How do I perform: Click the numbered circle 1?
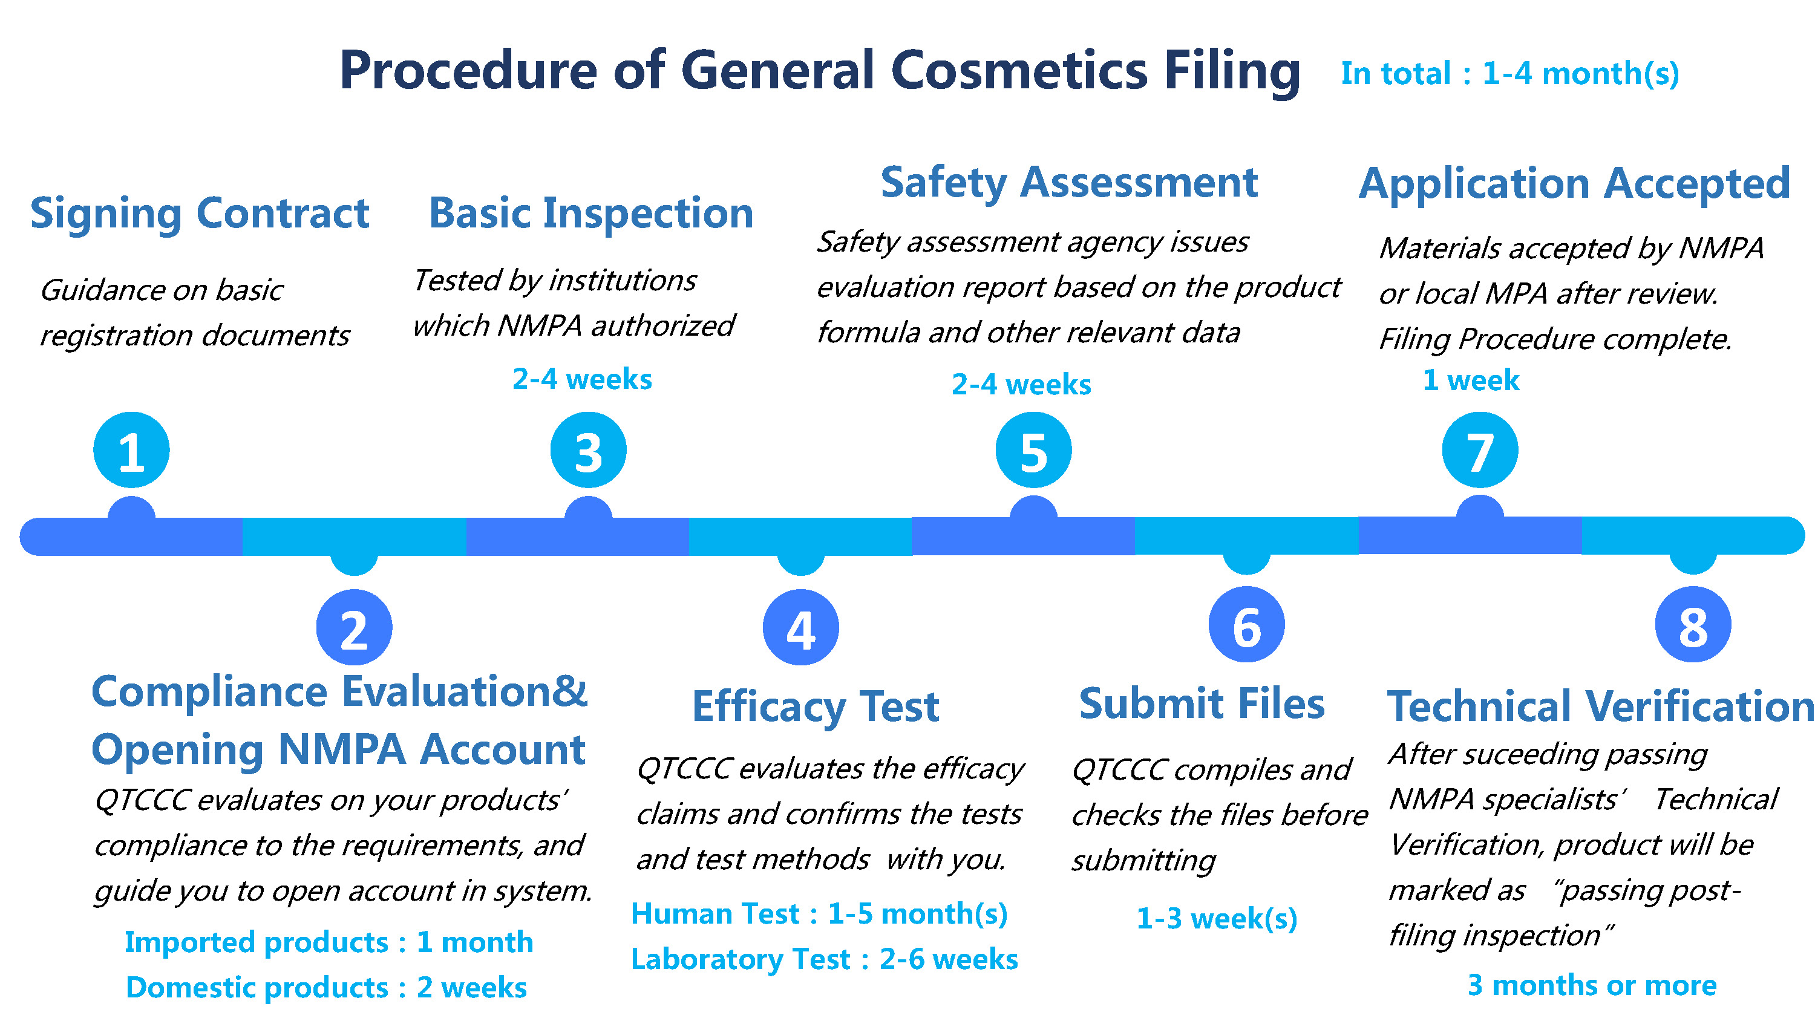(132, 450)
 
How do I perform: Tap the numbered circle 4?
(801, 627)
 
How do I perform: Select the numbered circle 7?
(1480, 450)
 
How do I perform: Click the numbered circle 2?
(355, 627)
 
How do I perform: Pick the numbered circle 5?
(1033, 450)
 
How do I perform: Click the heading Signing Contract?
(200, 214)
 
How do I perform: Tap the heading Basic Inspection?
(591, 214)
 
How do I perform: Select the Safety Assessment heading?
(1069, 183)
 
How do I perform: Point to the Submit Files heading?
(1202, 704)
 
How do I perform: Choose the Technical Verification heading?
(1600, 706)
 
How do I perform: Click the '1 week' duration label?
(1471, 380)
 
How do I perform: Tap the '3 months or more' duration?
(1592, 985)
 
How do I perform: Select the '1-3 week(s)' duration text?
(1217, 919)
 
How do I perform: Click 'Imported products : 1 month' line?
(329, 942)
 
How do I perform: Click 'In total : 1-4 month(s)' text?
(1510, 74)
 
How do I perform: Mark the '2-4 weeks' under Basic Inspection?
(582, 379)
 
